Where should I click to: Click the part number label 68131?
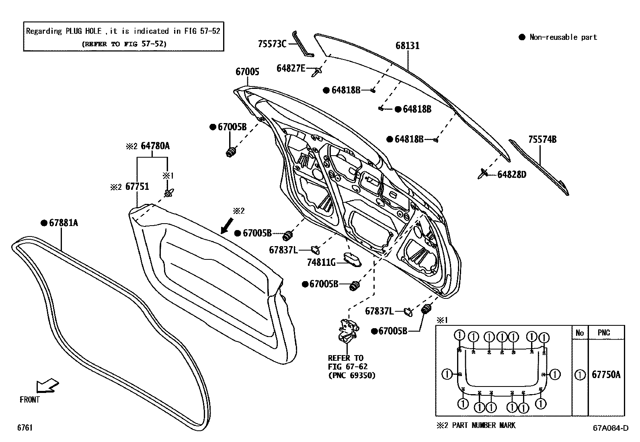click(x=407, y=46)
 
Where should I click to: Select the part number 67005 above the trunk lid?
click(x=247, y=72)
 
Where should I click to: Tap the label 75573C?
click(x=272, y=44)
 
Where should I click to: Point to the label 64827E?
click(x=291, y=68)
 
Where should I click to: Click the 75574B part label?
click(x=542, y=140)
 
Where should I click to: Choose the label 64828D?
click(x=511, y=175)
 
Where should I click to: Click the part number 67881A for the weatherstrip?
click(x=64, y=223)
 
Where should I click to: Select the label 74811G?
click(x=321, y=262)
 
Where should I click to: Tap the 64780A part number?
click(x=155, y=146)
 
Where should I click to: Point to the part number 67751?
click(x=137, y=187)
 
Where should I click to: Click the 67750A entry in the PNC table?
click(x=606, y=375)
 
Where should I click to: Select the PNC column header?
click(x=604, y=333)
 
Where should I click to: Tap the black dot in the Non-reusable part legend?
click(x=522, y=37)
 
